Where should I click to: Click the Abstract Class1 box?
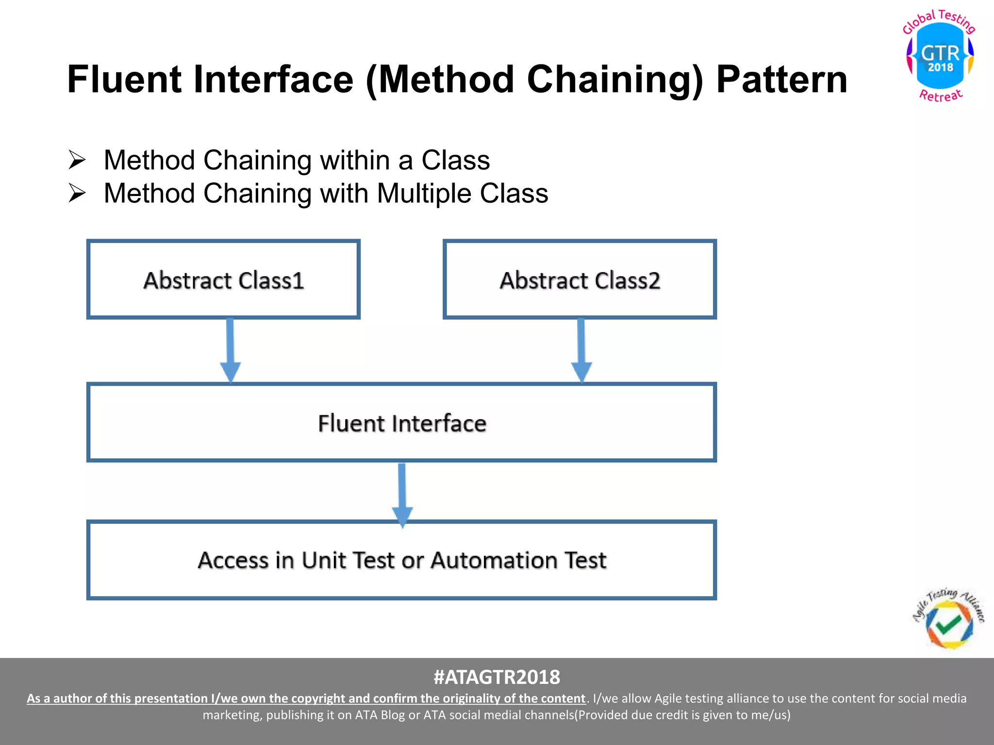click(x=223, y=280)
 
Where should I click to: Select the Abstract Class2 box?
click(x=580, y=280)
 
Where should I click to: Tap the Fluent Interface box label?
click(x=402, y=423)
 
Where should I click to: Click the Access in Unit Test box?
click(x=402, y=560)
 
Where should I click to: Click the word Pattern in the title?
click(x=781, y=80)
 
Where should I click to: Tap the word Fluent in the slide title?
click(x=123, y=80)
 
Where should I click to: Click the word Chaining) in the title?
click(x=614, y=80)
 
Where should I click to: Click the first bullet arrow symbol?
click(x=77, y=160)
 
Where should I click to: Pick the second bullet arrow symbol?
click(x=77, y=193)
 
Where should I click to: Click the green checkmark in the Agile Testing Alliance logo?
click(x=947, y=623)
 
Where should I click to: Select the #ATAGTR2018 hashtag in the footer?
click(x=497, y=677)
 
